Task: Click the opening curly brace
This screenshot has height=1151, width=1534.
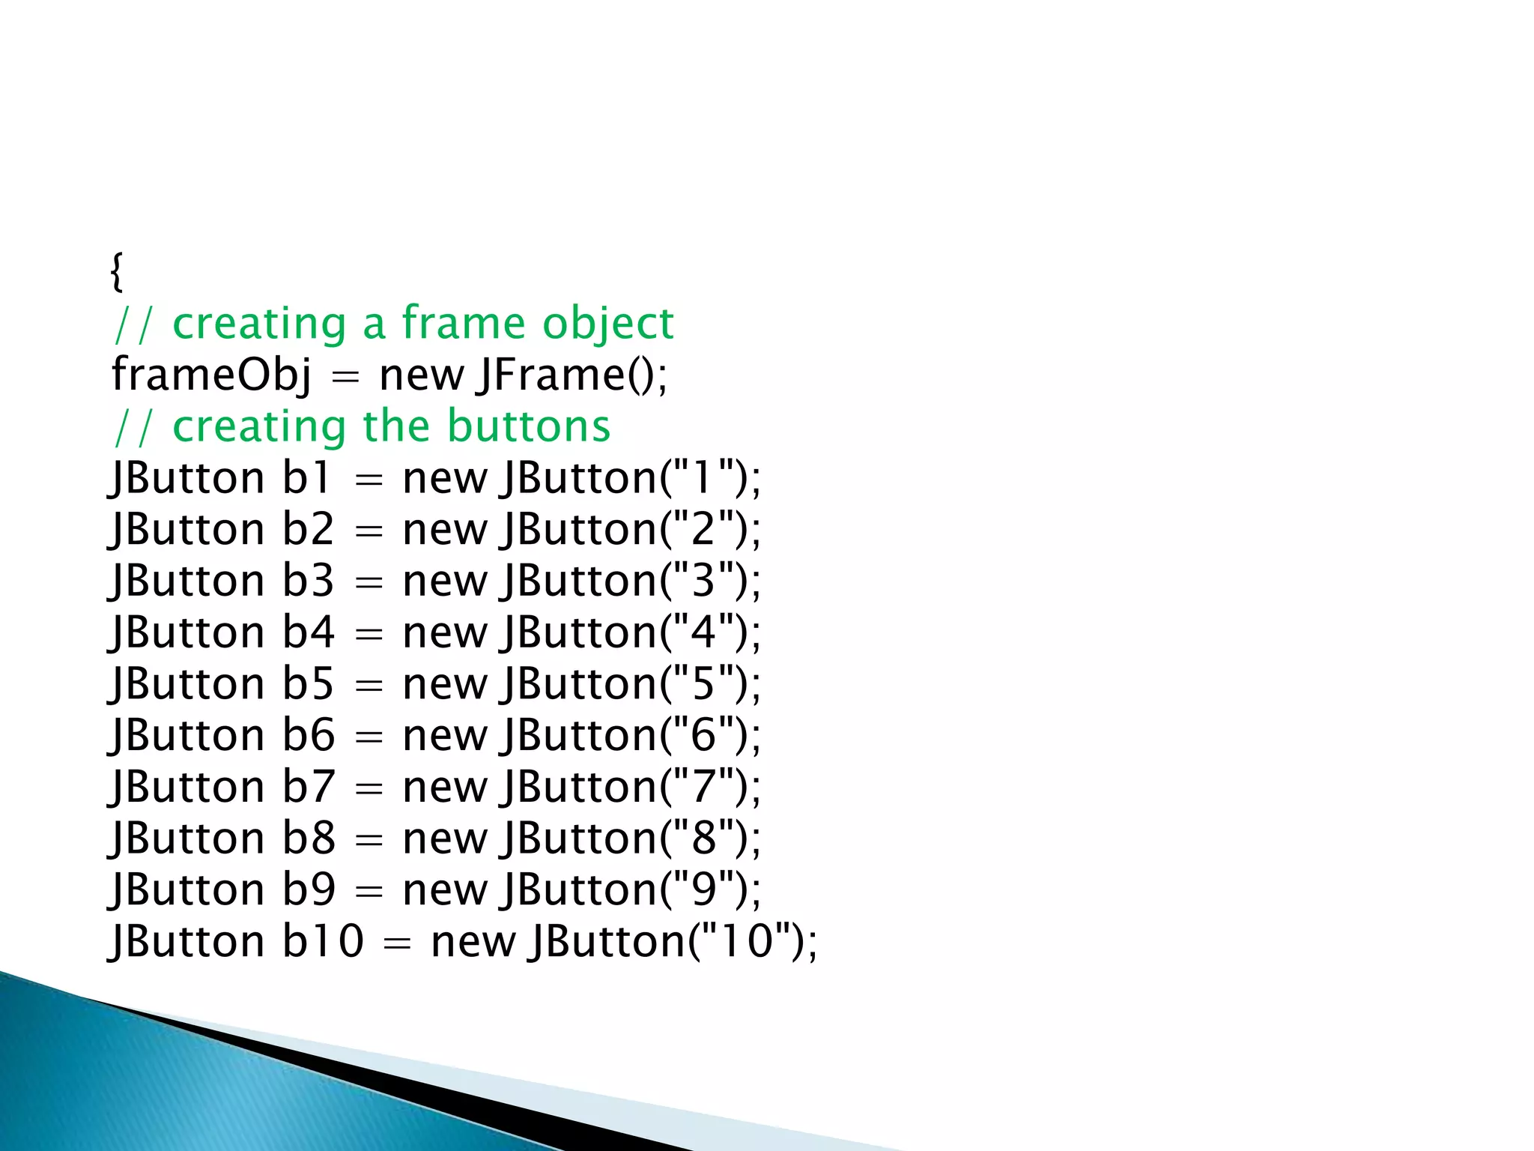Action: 116,271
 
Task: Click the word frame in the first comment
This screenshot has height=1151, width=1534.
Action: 464,323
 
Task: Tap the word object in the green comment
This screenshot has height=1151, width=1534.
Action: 607,324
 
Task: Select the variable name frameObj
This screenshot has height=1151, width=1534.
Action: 211,374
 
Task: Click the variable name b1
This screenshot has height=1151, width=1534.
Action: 306,477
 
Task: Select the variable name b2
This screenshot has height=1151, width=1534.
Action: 308,529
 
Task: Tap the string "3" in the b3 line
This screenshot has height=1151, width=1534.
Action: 703,580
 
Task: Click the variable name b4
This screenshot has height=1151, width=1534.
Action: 308,632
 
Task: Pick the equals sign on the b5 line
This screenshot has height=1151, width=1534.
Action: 369,685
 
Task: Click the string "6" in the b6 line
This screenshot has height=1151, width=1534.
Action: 703,734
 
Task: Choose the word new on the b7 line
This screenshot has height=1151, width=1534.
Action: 445,787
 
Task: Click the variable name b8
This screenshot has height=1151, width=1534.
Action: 308,838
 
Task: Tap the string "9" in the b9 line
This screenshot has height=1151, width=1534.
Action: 703,889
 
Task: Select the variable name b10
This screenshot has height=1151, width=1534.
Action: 323,940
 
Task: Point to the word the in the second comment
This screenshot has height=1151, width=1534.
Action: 395,426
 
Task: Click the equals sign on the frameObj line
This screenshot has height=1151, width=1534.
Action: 345,375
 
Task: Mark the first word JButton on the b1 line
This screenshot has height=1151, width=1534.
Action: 187,477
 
